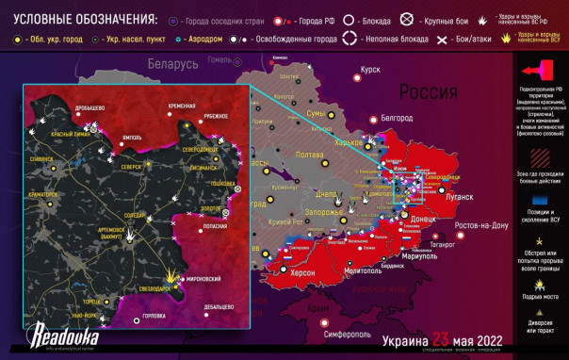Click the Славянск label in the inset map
[x=42, y=159]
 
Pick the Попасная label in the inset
[x=214, y=227]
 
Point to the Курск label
[x=370, y=70]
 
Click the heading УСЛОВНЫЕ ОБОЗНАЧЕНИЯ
[x=81, y=19]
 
